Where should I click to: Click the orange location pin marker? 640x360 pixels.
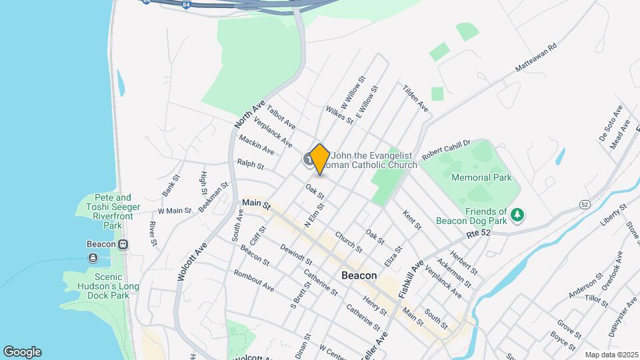[x=319, y=159]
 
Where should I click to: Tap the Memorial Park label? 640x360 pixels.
[x=481, y=178]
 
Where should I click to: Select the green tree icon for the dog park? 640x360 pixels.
[x=518, y=215]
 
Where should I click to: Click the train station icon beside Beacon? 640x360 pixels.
[x=123, y=244]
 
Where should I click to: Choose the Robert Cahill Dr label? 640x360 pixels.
[x=446, y=147]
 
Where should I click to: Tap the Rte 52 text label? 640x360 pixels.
[x=478, y=233]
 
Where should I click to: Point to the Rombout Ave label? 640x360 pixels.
[x=253, y=280]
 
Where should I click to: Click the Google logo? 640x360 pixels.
[x=22, y=352]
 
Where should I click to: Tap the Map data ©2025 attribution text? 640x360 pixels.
[x=611, y=355]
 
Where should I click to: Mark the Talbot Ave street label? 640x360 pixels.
[x=281, y=115]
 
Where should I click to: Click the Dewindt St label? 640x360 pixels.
[x=296, y=257]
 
